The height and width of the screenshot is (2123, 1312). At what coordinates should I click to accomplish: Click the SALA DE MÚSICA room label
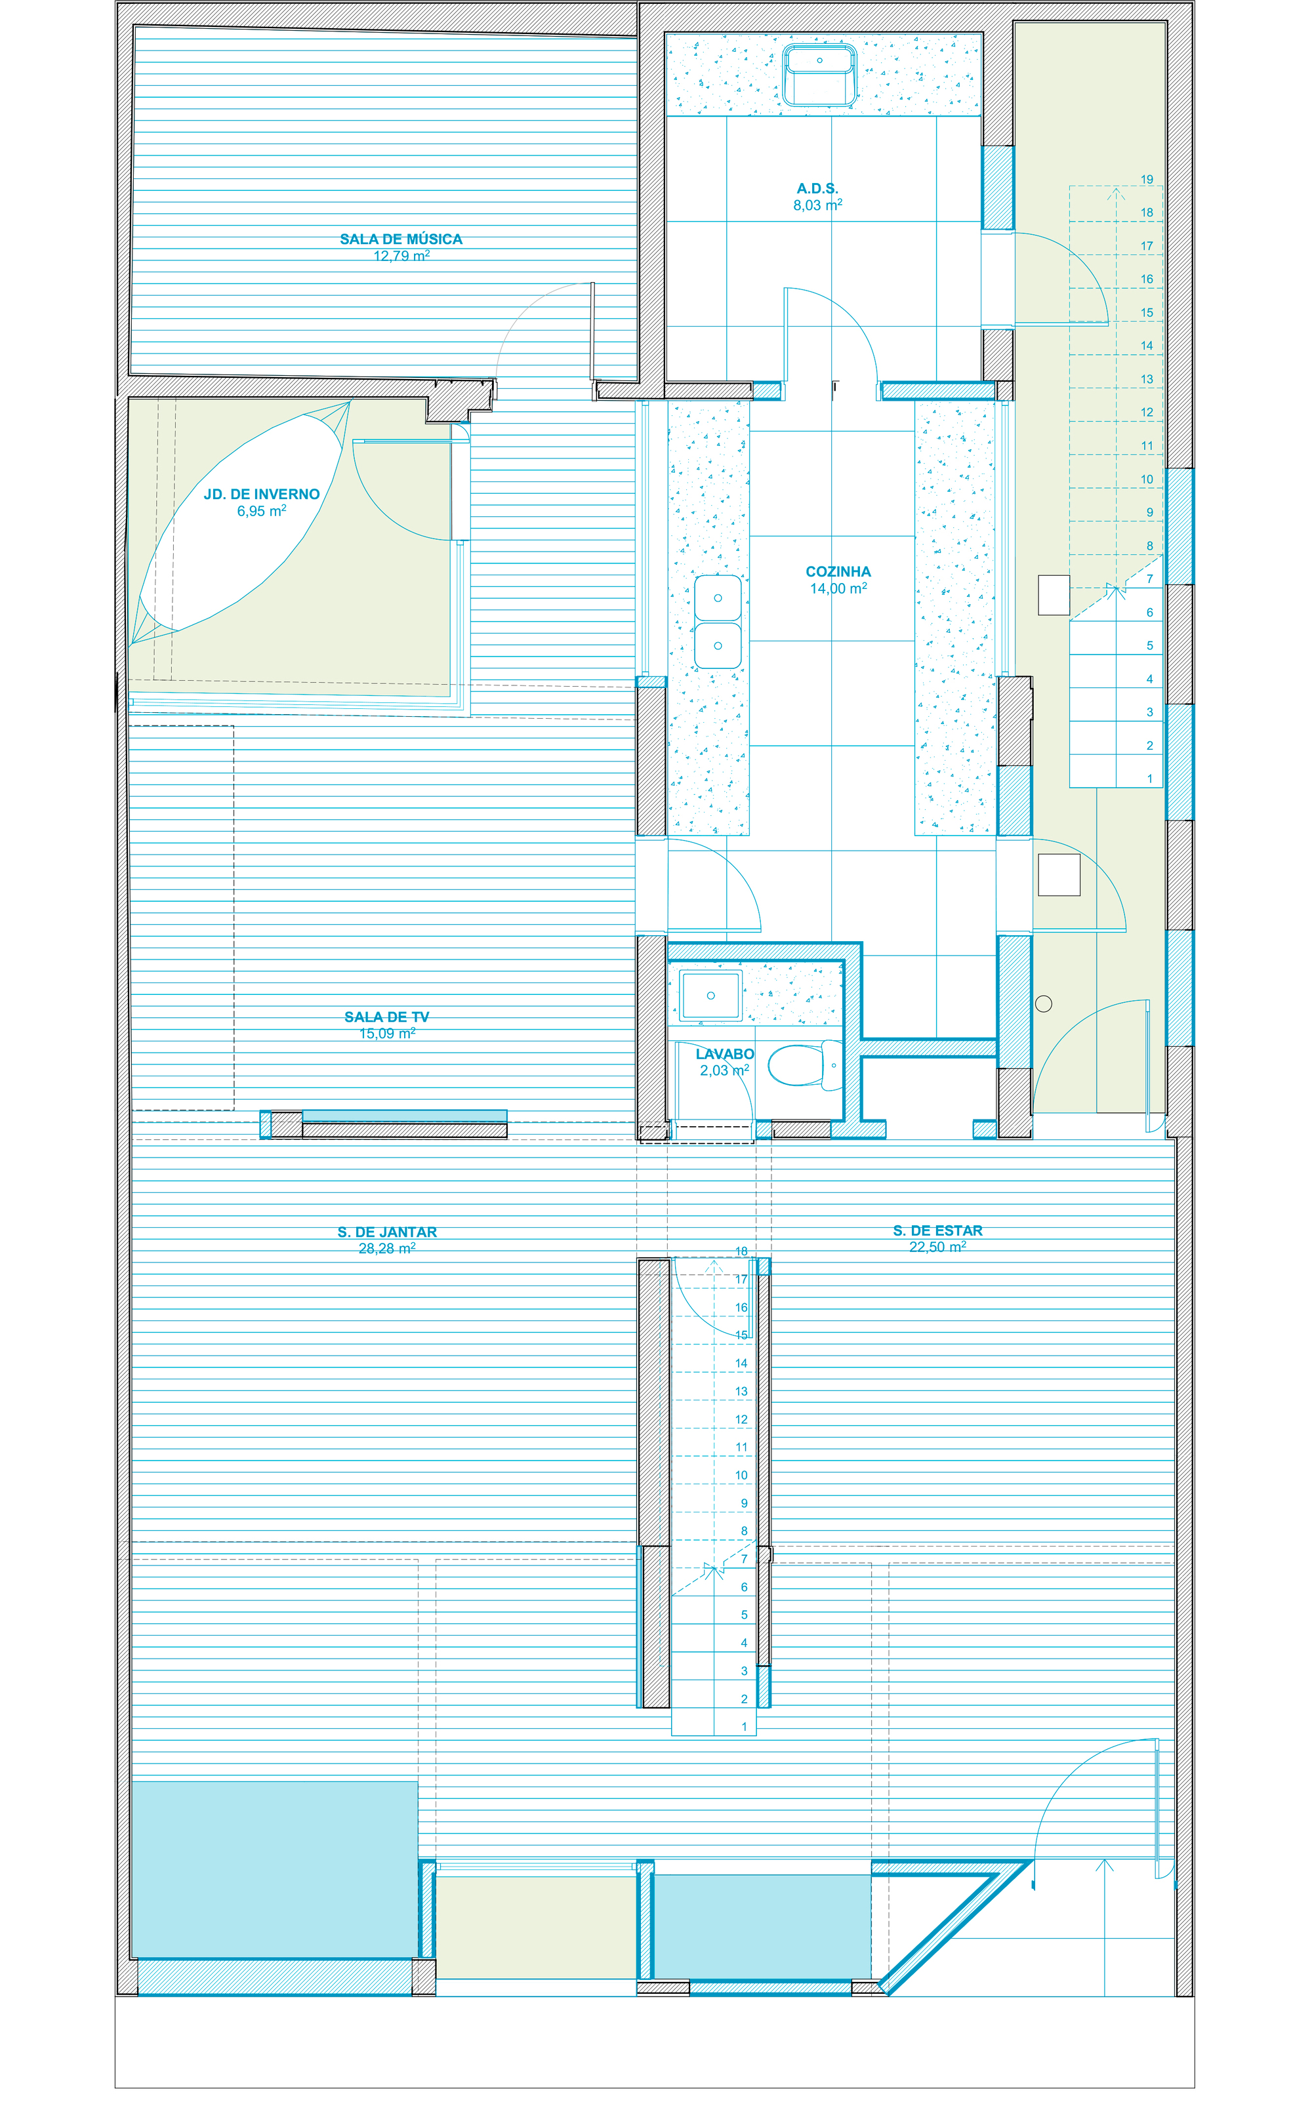point(401,239)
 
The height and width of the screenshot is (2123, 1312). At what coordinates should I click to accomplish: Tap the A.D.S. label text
point(817,188)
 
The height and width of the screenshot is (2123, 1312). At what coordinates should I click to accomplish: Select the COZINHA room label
point(838,572)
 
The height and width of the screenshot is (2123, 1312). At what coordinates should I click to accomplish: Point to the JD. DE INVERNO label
point(262,495)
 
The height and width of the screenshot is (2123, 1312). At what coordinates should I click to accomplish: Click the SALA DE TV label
point(387,1017)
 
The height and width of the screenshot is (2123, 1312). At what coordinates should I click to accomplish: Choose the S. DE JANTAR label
point(387,1232)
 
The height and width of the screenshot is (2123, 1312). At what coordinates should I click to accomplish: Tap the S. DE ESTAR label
point(938,1230)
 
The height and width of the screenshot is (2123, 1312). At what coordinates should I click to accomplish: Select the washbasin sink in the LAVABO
point(710,995)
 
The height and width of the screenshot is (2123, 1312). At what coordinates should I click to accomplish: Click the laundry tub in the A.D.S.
point(819,75)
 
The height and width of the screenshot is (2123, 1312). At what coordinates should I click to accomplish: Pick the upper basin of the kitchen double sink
point(718,597)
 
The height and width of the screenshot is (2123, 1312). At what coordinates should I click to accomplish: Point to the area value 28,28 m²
point(387,1249)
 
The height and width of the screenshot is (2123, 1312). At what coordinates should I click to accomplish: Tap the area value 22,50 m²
point(938,1247)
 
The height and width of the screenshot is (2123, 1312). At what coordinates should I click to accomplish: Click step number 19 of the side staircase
point(1146,180)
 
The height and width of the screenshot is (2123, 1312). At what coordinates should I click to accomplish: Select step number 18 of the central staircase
point(741,1251)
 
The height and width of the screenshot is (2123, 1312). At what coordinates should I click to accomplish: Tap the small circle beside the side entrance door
point(1044,1004)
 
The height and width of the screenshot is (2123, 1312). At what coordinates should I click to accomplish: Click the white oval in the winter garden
point(243,521)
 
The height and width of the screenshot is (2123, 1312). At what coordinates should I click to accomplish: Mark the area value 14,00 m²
point(838,588)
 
